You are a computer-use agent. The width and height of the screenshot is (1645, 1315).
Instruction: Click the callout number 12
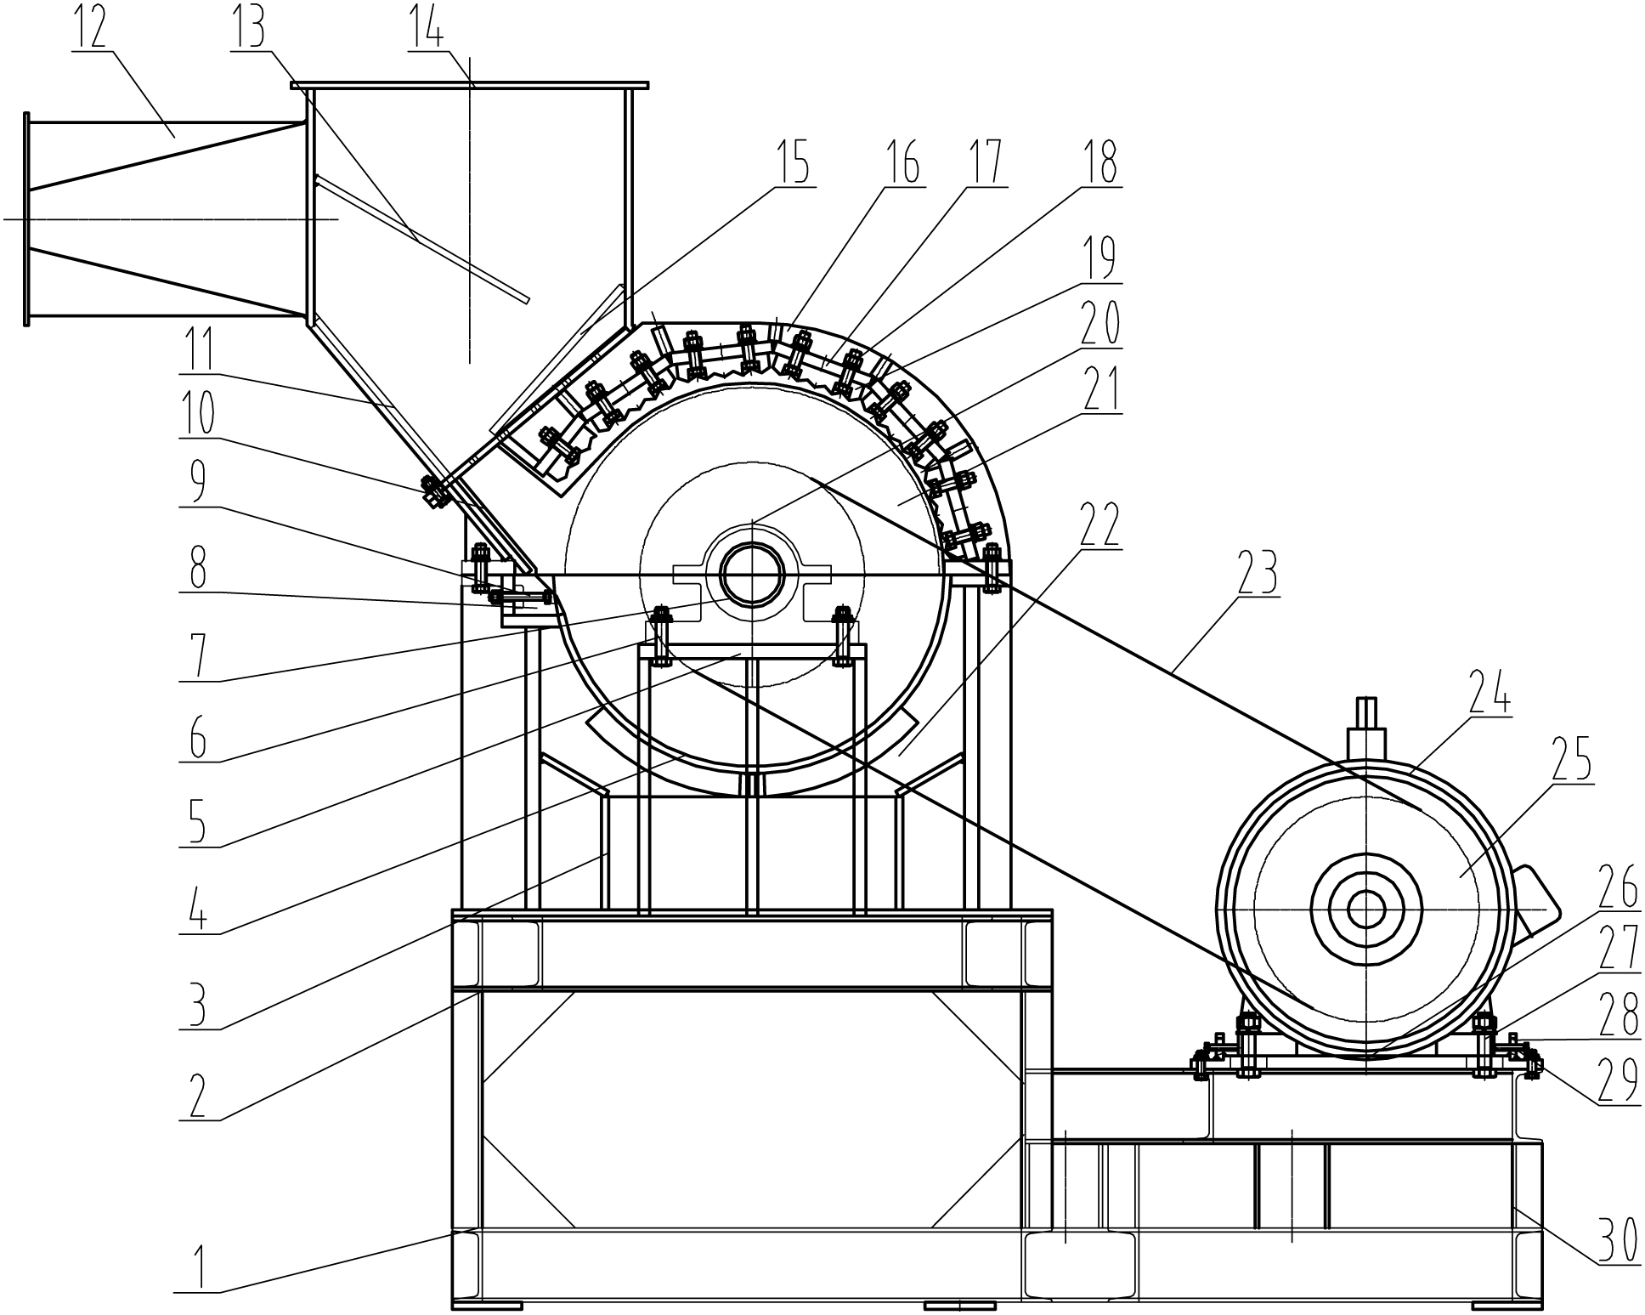point(90,27)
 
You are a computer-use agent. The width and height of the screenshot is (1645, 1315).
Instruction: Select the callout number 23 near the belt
point(1258,575)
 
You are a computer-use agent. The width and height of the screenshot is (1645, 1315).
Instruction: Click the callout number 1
point(196,1270)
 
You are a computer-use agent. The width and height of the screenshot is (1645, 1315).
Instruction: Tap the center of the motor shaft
point(1365,909)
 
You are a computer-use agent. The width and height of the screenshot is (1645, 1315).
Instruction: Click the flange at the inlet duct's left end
point(27,218)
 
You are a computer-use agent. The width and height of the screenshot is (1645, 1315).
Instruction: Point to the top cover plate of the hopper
point(470,85)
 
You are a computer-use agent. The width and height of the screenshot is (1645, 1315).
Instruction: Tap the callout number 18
point(1101,163)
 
